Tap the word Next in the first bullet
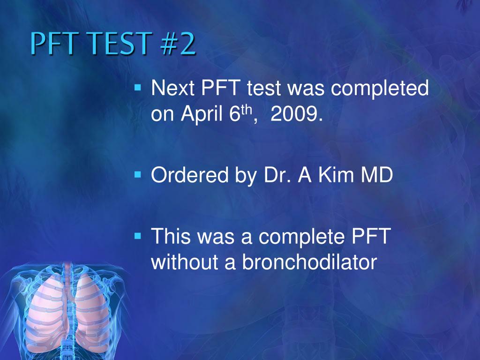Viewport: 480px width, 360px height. click(x=171, y=89)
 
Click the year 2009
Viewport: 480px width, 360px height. click(x=296, y=114)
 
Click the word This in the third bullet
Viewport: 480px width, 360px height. click(x=171, y=237)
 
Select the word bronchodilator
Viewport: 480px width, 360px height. click(x=309, y=262)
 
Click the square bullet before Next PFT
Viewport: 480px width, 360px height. click(x=137, y=87)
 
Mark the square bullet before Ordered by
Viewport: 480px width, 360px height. click(x=137, y=175)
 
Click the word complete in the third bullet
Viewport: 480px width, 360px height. click(x=300, y=237)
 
